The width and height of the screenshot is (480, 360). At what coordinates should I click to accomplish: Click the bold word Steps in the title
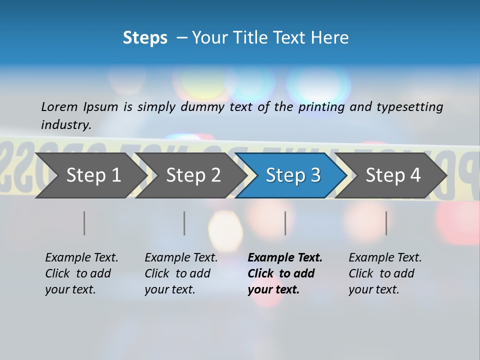145,38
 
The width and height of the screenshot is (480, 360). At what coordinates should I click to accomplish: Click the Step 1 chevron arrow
90,175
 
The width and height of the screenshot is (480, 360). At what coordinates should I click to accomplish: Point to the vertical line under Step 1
84,223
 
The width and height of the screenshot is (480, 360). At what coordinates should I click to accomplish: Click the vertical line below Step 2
184,223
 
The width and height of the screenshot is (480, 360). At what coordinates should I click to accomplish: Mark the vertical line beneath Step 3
285,223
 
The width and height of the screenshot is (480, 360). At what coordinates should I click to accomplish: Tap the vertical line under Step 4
386,223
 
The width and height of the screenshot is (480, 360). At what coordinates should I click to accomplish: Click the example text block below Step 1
81,273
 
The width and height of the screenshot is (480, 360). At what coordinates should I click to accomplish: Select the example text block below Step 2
181,273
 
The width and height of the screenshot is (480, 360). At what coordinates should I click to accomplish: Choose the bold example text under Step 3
285,273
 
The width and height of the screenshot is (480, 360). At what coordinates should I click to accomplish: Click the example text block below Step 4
385,273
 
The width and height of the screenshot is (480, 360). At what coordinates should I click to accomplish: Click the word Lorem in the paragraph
59,106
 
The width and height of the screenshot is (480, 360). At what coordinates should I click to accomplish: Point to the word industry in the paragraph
66,124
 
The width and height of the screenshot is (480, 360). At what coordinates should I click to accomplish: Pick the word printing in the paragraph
322,107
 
